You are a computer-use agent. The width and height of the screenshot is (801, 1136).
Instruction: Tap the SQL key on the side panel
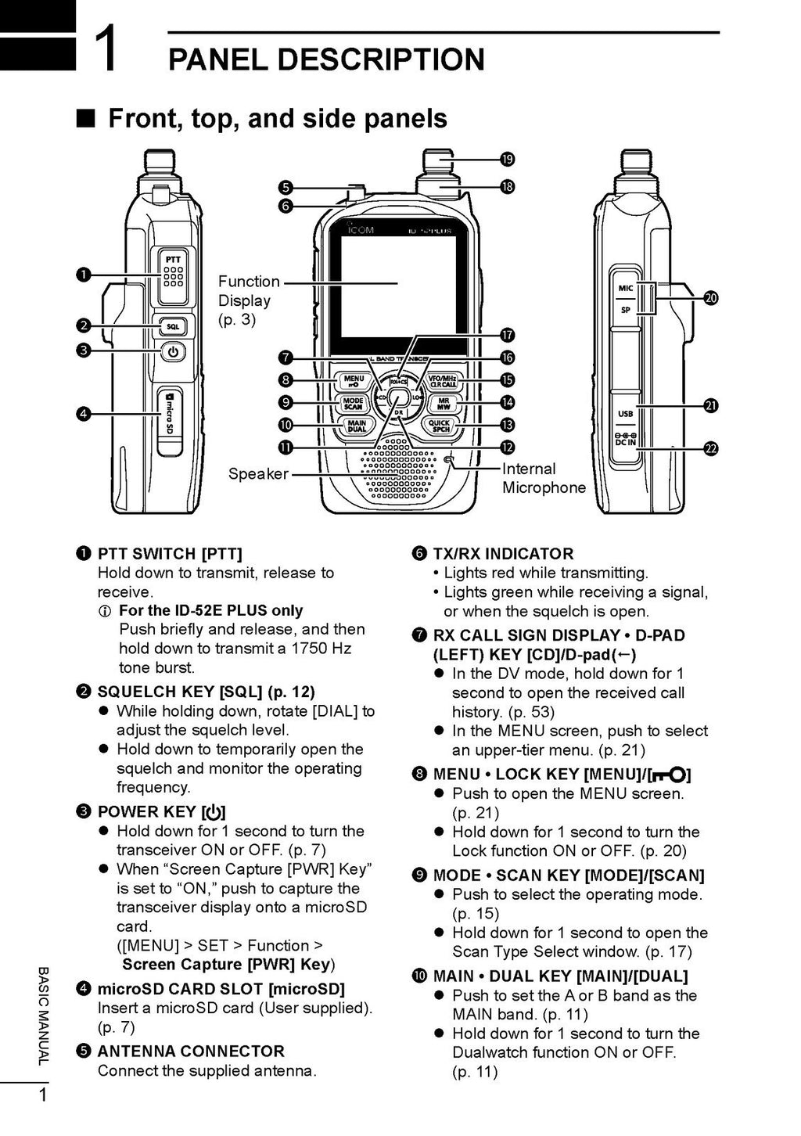(x=172, y=326)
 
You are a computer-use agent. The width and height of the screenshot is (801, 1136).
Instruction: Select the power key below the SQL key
(x=173, y=352)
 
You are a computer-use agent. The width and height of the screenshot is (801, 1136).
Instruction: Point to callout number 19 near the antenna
(x=507, y=160)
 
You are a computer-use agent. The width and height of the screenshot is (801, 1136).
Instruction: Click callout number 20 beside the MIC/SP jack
(x=710, y=298)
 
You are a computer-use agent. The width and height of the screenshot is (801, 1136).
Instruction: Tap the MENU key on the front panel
(x=354, y=381)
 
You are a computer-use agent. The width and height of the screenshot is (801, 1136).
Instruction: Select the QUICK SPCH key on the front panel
(x=440, y=426)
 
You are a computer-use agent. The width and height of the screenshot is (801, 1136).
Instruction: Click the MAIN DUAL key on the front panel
(x=356, y=426)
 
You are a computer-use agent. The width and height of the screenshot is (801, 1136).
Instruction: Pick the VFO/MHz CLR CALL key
(x=443, y=381)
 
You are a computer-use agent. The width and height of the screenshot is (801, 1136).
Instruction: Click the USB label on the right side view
(x=626, y=414)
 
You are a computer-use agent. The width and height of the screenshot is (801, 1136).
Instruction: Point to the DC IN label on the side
(x=626, y=440)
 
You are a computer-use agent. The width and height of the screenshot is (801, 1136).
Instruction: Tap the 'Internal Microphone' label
(x=543, y=478)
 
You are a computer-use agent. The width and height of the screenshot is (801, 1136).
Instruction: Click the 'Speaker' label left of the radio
(x=258, y=474)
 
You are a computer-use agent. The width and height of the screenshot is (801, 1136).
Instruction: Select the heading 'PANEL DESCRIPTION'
(x=326, y=59)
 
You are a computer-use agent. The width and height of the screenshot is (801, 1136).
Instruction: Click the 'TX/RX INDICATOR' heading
(x=503, y=554)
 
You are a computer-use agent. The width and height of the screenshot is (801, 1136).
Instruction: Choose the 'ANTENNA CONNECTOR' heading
(x=191, y=1052)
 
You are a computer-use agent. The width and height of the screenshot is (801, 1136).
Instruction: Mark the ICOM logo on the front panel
(x=361, y=230)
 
